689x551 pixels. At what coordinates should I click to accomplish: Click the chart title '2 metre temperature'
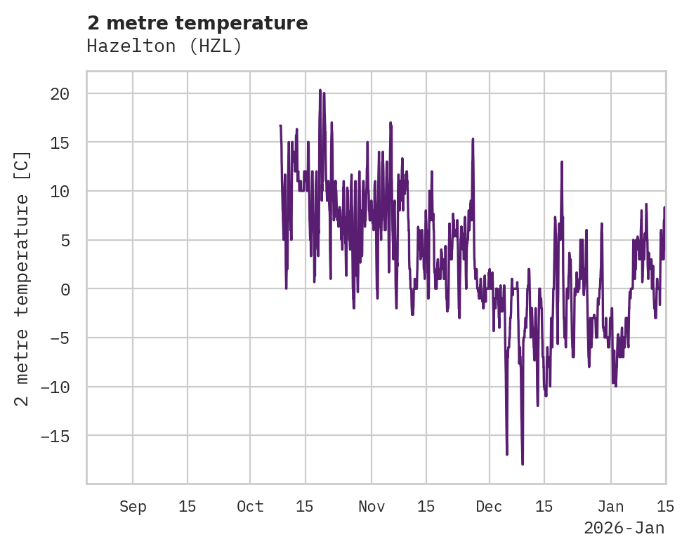click(197, 23)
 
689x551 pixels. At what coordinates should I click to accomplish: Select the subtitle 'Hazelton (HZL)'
click(164, 46)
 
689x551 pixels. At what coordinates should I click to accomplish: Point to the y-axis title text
click(22, 279)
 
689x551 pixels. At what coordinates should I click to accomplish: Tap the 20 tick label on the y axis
click(60, 94)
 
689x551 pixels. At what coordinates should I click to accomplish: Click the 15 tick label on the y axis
click(60, 142)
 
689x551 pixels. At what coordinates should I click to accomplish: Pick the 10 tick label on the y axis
click(60, 192)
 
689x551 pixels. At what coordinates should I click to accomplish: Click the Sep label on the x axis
click(133, 507)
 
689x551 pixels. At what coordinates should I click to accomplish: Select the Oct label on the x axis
click(250, 507)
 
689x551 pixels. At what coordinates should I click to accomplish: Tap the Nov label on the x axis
click(372, 507)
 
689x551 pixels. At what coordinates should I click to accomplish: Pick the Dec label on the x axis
click(489, 507)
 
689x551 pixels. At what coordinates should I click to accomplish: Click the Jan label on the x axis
click(610, 507)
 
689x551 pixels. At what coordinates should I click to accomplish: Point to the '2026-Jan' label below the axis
click(624, 528)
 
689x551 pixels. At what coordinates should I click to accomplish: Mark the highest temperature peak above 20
click(320, 90)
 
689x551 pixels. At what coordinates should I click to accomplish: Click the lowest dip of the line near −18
click(523, 464)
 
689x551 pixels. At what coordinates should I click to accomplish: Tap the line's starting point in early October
click(280, 126)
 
